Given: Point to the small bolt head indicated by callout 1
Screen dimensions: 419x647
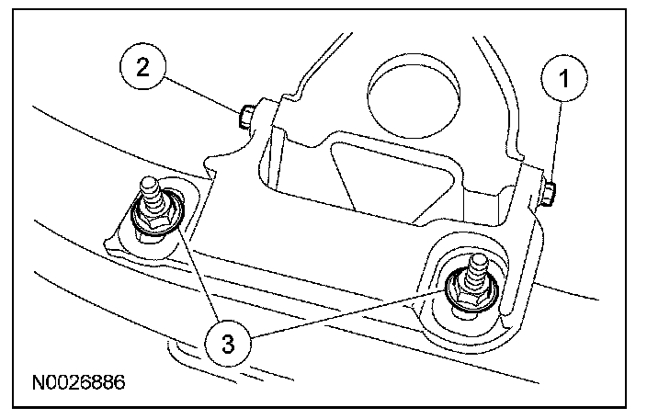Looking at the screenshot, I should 548,191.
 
